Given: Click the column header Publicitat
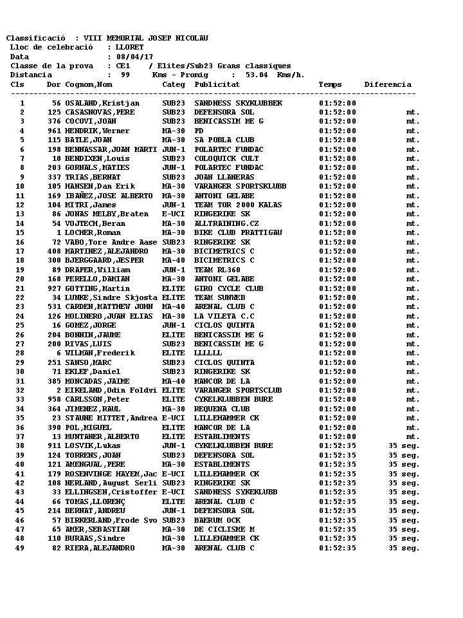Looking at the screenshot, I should [217, 84].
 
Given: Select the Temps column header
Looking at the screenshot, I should [330, 84].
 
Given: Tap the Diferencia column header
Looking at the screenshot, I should [387, 84].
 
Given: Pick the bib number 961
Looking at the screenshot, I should [54, 131].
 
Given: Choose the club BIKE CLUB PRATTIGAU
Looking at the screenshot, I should [229, 232].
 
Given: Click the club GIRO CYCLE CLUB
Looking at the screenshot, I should [228, 288].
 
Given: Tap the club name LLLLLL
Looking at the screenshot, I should [208, 353].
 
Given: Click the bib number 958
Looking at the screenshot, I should [54, 399].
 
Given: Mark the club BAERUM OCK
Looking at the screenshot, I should [217, 520].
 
